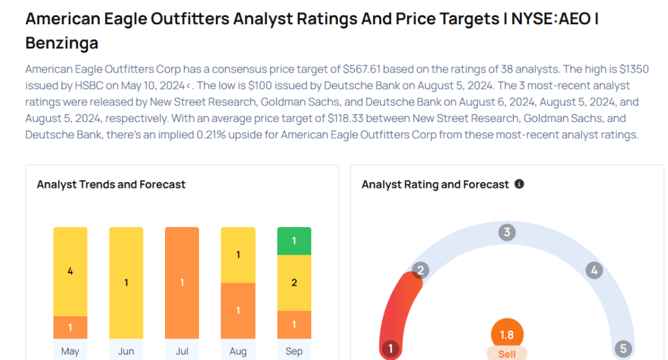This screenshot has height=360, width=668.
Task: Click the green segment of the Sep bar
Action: click(294, 241)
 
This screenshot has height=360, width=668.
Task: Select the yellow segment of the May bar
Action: click(70, 271)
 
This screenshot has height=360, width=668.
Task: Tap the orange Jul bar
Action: click(182, 283)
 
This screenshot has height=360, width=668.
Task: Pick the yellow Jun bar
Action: click(126, 283)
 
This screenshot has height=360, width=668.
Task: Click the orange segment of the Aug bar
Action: click(238, 310)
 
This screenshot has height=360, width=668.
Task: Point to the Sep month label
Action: click(294, 351)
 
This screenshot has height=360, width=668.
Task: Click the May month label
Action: click(70, 351)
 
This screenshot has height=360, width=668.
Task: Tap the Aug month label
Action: click(238, 351)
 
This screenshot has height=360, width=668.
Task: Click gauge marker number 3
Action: click(507, 232)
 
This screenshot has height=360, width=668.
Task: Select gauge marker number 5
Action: click(623, 349)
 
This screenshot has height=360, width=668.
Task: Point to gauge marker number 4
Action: click(593, 270)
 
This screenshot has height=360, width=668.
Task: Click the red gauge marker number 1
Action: click(390, 349)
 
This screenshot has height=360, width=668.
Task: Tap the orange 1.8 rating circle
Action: click(507, 335)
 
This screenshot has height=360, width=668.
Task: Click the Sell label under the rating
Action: click(507, 353)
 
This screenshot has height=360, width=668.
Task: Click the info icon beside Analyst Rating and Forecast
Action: click(519, 185)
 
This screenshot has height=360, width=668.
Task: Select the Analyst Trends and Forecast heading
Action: click(111, 185)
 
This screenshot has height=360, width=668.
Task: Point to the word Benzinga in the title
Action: click(62, 43)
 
